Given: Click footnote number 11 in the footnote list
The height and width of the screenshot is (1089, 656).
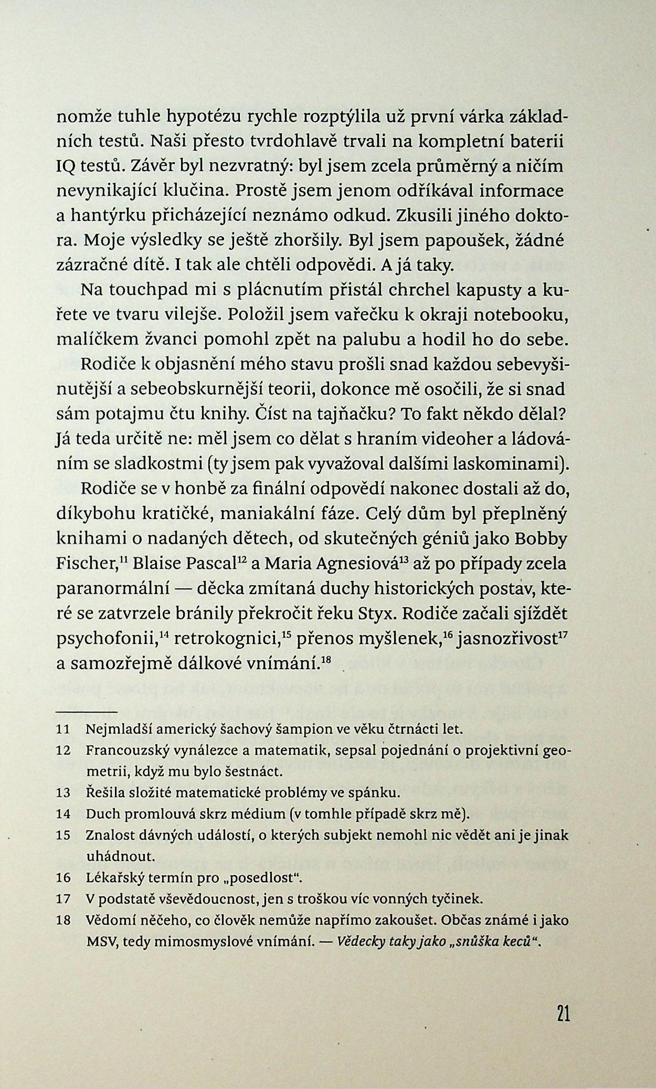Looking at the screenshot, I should point(63,729).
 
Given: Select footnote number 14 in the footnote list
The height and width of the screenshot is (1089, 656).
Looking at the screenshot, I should point(63,815).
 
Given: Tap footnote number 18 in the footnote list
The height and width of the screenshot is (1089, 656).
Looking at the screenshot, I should point(63,921).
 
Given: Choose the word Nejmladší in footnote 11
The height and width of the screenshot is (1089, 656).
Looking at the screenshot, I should point(113,729).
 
